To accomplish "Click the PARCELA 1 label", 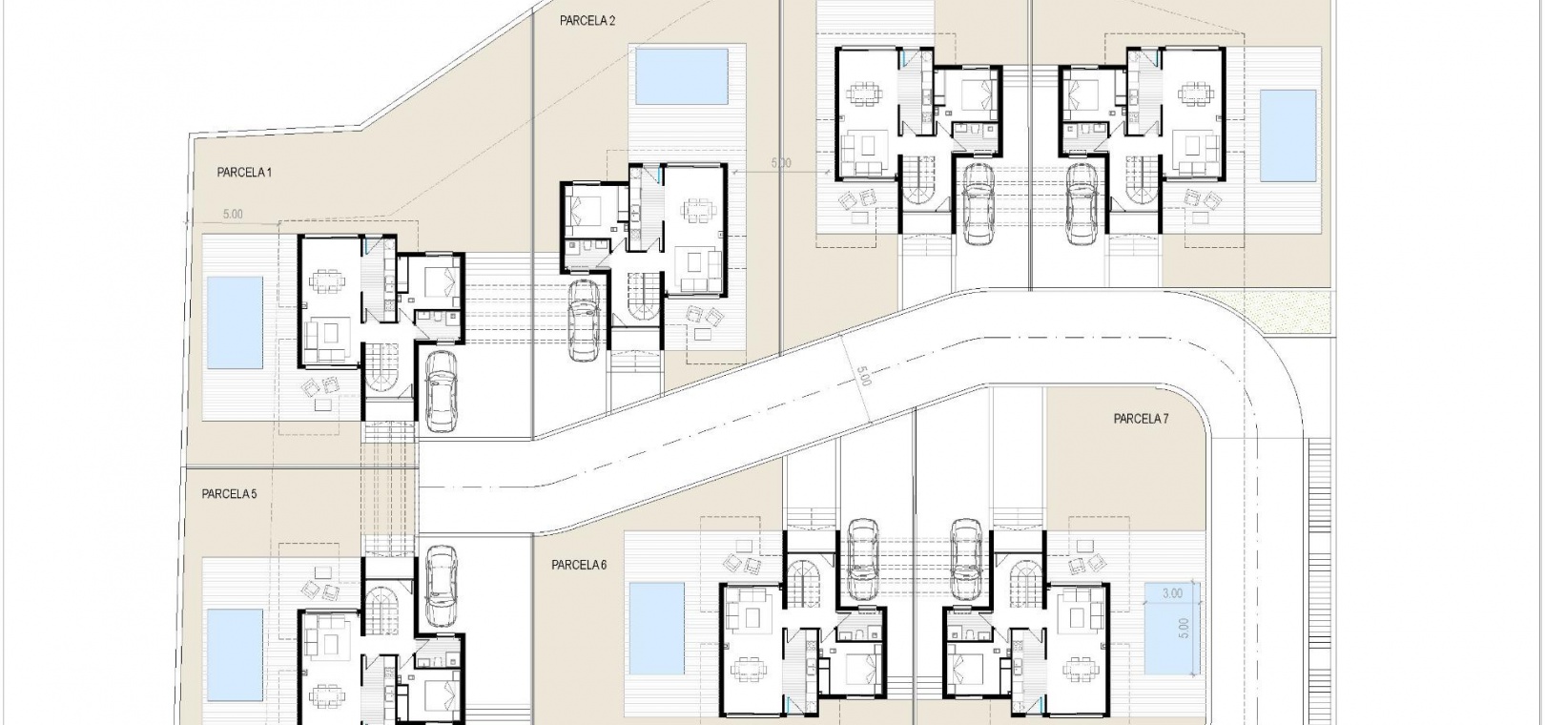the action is point(244,173).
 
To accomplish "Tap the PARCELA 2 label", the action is point(587,21).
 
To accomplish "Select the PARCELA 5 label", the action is point(229,494).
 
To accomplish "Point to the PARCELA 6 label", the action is point(579,565).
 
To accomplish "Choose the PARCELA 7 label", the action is point(1141,419).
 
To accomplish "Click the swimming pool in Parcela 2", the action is point(682,75).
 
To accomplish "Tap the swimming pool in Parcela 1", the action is point(235,322).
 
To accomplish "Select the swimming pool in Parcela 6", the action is point(656,629).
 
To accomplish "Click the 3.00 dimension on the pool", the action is point(1172,593).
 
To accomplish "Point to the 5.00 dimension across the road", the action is point(863,376).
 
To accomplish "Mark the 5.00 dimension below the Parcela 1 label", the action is point(233,215).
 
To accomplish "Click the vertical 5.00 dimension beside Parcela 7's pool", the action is point(1184,628).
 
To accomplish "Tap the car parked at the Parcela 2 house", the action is point(584,321).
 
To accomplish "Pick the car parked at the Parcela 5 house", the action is point(442,586).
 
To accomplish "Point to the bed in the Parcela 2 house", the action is point(584,207).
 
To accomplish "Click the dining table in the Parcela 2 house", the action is point(698,208).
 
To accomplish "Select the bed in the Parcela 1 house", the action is point(441,281).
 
